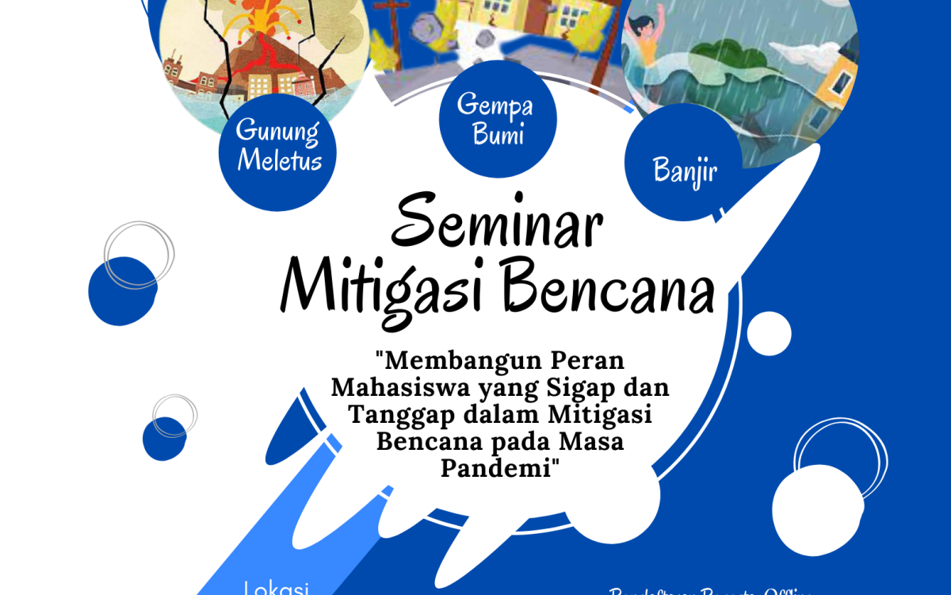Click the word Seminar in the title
point(496,224)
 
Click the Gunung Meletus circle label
point(278,147)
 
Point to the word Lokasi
point(277,588)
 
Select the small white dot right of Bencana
point(768,333)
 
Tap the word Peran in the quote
point(591,361)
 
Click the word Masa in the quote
point(594,442)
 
